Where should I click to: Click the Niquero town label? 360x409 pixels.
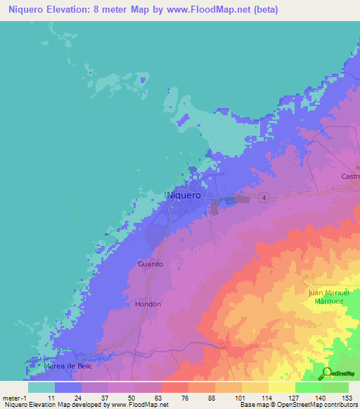(184, 195)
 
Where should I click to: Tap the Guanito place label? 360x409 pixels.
(150, 264)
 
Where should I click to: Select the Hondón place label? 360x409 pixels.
(148, 304)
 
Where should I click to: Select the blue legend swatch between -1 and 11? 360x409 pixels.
(41, 387)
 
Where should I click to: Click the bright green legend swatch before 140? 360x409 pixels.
(308, 387)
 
